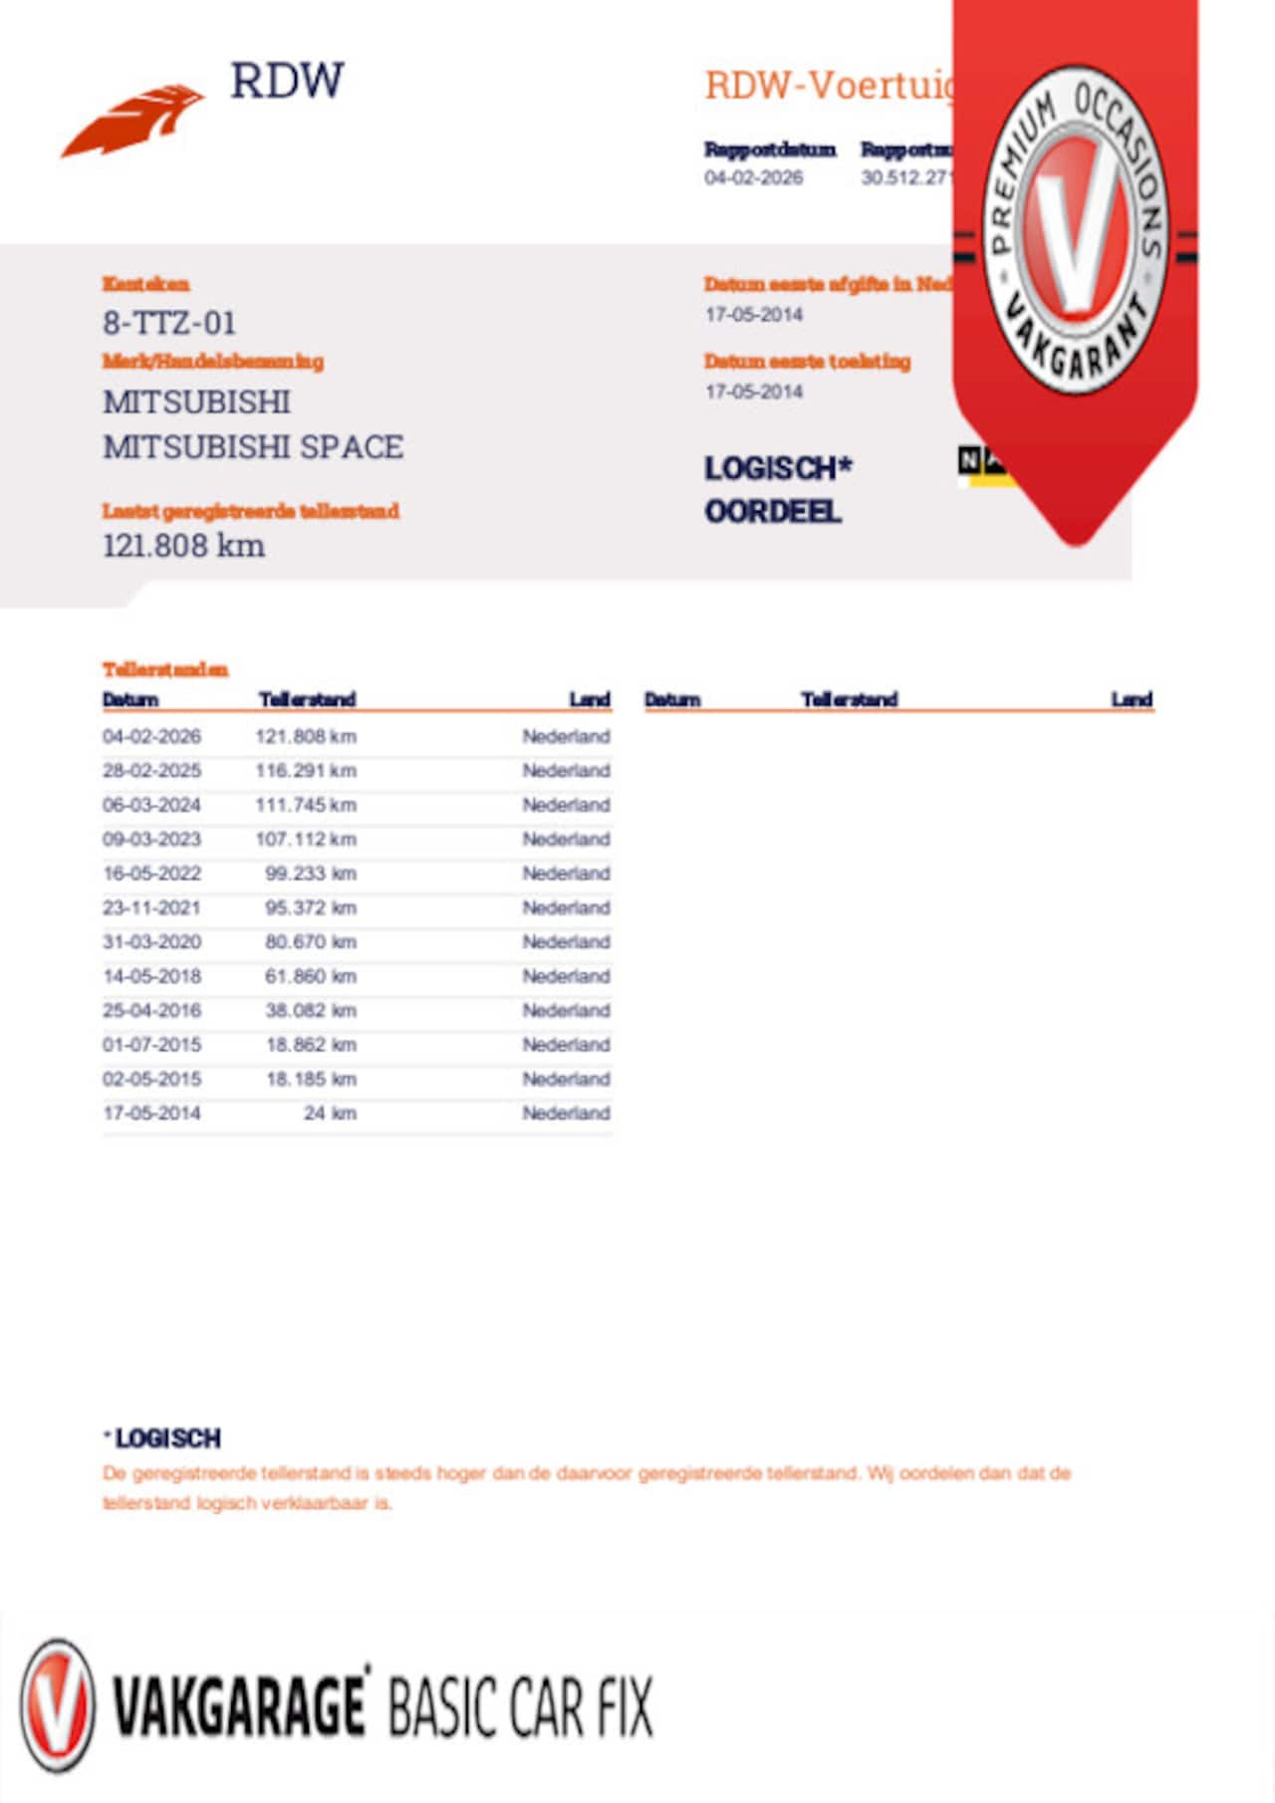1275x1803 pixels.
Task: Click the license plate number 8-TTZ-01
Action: click(169, 323)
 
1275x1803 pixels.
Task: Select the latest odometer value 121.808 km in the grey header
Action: click(184, 546)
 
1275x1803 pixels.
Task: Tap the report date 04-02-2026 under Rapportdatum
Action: click(753, 178)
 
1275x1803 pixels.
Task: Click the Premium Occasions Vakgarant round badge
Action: click(1075, 230)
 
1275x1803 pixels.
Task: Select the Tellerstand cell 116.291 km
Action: click(306, 771)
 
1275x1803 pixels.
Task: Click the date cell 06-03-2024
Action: click(151, 805)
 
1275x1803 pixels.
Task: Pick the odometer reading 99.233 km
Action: click(310, 874)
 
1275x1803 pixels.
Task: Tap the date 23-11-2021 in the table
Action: click(151, 907)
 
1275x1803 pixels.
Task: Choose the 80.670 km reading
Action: click(310, 942)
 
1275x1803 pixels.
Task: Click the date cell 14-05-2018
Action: click(151, 976)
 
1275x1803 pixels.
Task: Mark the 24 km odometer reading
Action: click(330, 1114)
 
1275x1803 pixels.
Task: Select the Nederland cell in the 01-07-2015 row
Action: click(566, 1045)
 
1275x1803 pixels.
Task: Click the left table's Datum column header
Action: click(130, 699)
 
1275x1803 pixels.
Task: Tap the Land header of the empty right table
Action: click(1132, 699)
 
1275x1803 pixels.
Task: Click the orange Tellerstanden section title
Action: click(165, 669)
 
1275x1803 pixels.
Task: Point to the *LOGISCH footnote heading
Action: click(163, 1438)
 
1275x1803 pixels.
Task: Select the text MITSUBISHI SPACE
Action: click(253, 447)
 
